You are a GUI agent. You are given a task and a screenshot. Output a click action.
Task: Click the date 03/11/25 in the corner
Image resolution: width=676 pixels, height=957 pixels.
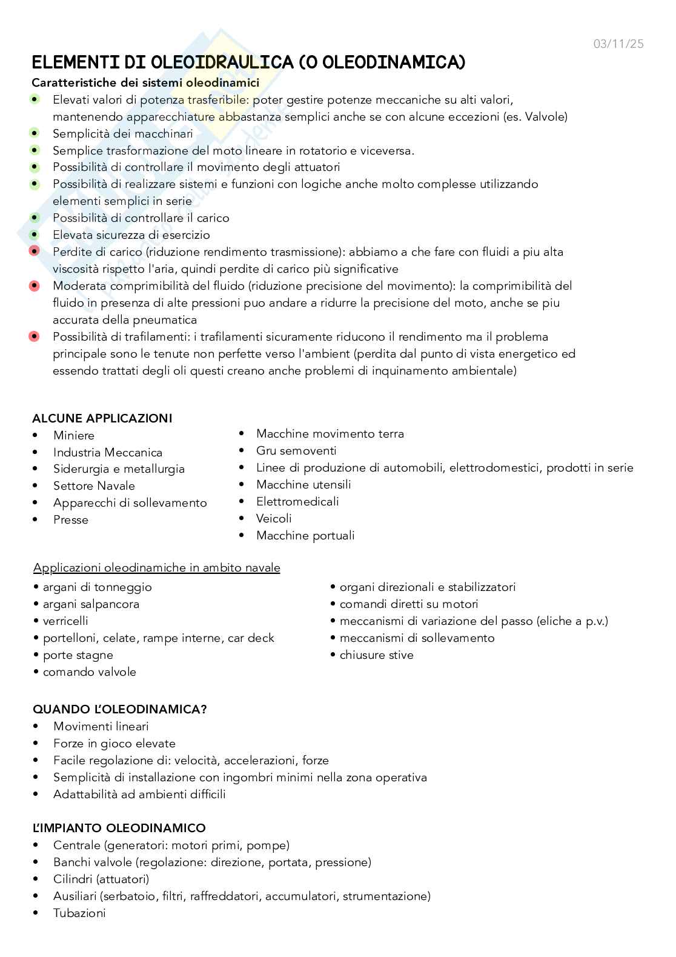[618, 44]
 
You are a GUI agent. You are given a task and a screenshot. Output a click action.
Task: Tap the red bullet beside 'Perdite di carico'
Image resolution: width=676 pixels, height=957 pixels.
[35, 251]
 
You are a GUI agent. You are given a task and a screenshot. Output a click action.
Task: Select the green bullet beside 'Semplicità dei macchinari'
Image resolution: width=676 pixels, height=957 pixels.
[35, 133]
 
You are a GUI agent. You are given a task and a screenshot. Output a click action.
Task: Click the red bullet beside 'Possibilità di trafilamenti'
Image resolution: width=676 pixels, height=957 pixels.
[35, 336]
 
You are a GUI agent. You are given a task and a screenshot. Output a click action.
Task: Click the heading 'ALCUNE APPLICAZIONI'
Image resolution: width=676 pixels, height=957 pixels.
[102, 418]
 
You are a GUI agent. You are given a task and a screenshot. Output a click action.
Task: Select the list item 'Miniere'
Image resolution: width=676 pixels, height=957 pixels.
[74, 435]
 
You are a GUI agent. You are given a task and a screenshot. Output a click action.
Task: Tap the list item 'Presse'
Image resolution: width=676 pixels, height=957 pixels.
[71, 520]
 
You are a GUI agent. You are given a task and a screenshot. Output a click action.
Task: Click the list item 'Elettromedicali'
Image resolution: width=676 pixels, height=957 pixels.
[297, 502]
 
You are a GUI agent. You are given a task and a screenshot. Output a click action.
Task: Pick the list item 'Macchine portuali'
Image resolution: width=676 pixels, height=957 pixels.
[305, 536]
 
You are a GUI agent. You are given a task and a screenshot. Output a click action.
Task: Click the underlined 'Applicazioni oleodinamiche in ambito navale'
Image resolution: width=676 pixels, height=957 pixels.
[157, 568]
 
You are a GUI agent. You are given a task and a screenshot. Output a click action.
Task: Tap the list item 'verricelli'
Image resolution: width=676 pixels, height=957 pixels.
[65, 621]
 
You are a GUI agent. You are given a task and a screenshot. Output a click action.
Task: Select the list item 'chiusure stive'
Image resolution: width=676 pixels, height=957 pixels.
[376, 655]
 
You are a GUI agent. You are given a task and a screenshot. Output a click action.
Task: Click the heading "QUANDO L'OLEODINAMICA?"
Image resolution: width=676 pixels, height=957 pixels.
[119, 709]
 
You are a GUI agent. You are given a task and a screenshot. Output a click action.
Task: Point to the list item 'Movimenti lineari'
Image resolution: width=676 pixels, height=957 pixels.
[101, 727]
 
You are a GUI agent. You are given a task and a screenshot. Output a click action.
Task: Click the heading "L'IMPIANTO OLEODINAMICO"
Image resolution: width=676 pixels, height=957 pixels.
[119, 828]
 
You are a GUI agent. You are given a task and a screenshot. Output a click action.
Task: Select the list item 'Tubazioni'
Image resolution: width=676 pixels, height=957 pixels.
[79, 913]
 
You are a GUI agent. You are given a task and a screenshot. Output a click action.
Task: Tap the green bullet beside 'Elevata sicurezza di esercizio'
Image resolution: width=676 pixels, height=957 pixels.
[35, 235]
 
